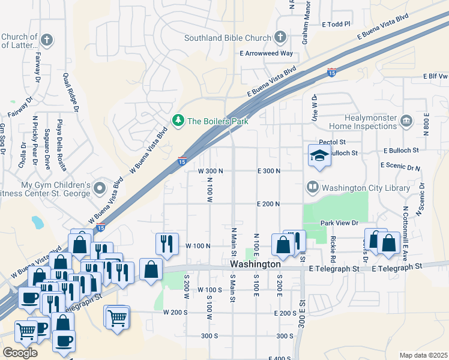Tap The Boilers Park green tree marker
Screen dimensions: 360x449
[x=178, y=121]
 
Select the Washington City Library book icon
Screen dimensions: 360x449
[x=312, y=187]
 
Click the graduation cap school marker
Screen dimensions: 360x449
[x=319, y=156]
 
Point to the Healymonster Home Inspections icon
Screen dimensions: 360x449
[x=406, y=121]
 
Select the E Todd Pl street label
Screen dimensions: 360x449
[x=336, y=25]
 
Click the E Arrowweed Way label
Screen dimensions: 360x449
[x=266, y=53]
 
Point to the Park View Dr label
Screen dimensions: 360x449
[x=339, y=223]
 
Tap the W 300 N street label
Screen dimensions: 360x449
[x=211, y=171]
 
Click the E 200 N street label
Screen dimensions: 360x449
[x=269, y=204]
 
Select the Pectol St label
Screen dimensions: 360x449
[x=333, y=142]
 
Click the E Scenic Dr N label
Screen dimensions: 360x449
[x=400, y=165]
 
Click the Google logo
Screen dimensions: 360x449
[x=20, y=353]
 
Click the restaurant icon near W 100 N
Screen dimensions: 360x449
[x=167, y=243]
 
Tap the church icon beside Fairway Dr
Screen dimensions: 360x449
[x=47, y=41]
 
